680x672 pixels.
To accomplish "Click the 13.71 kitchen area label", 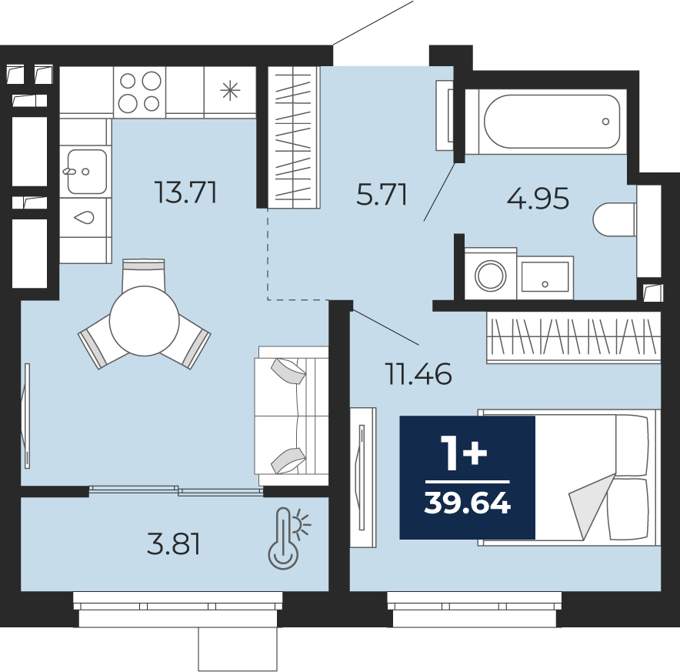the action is coord(185,192).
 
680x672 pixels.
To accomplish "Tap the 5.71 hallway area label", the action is coord(382,195).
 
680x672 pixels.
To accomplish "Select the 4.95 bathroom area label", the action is coord(538,199).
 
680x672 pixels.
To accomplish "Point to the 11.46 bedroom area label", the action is coord(418,374).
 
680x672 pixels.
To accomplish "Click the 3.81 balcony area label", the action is coord(174,544).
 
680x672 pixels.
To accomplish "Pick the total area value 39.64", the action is coord(468,503).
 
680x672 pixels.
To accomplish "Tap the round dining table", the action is coord(145,321).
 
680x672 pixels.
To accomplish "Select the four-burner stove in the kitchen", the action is coord(140,92).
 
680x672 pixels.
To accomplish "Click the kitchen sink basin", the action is coord(87,172).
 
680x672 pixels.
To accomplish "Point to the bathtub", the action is coord(552,122).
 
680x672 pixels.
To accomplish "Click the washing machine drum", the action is coord(491,276).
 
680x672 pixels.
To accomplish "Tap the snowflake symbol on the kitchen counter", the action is coord(230,91).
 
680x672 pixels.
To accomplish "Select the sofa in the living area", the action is coord(292,416).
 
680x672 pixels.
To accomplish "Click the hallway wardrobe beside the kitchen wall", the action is coord(294,137).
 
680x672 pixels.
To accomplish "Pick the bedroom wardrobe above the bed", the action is coord(573,337).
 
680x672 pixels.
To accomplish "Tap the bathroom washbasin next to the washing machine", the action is coord(545,277).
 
